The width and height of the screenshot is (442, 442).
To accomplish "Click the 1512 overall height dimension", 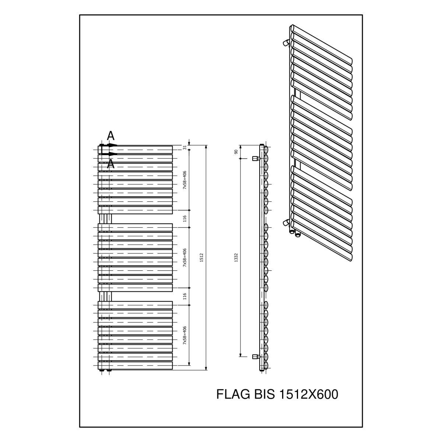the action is pos(201,257).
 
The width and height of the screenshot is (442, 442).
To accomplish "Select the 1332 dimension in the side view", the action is pos(237,257).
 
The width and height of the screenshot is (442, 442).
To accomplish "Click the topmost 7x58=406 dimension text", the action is pos(185,180).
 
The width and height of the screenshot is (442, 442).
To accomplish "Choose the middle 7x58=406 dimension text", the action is pos(185,257).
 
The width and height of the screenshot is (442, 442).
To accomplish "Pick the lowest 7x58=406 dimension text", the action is pos(185,335).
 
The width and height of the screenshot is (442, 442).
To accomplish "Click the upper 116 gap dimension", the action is pos(185,218).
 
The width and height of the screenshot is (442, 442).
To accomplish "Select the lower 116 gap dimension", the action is pos(185,297).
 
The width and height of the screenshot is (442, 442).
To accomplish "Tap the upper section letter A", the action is pos(110,136).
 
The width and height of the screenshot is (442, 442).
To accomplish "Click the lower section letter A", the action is pos(110,164).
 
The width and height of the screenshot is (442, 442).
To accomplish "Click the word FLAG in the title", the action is pos(234,394).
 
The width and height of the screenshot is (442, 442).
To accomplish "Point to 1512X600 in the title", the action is pos(309,394).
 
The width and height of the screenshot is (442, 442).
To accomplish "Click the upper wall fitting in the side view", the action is pos(256,158).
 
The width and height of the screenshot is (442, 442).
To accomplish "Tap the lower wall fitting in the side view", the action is pos(256,357).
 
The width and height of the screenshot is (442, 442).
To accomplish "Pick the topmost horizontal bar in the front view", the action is pos(135,150).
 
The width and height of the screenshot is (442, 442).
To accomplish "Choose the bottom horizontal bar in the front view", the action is pos(135,366).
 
